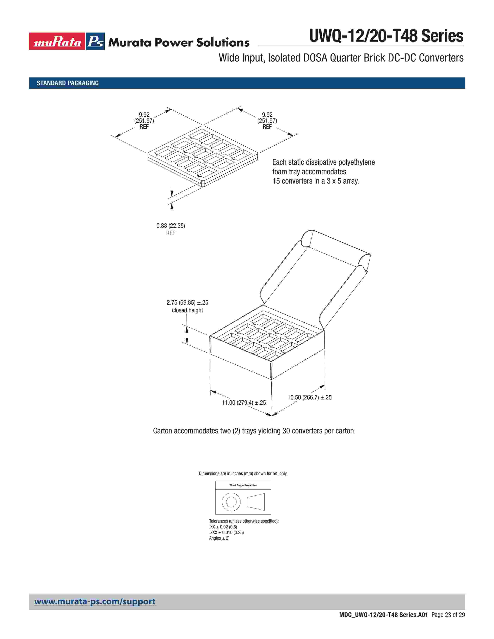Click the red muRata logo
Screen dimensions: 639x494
point(57,41)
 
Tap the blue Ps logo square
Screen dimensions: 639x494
point(95,41)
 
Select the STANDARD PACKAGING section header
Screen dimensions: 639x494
point(68,83)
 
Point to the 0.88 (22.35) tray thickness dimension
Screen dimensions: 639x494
point(171,226)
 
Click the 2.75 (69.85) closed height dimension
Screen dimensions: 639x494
point(187,302)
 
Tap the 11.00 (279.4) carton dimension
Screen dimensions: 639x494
point(244,403)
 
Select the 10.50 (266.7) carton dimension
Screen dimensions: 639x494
point(309,397)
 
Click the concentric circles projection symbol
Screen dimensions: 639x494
point(231,502)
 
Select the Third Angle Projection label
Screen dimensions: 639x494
point(243,485)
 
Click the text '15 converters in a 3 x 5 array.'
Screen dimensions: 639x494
point(316,181)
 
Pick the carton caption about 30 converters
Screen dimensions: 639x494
point(253,431)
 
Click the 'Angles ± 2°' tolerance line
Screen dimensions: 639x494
point(219,538)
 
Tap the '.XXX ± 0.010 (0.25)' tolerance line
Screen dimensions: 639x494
point(226,532)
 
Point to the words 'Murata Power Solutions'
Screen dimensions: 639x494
point(179,43)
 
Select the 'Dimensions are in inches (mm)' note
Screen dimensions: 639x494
point(243,473)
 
